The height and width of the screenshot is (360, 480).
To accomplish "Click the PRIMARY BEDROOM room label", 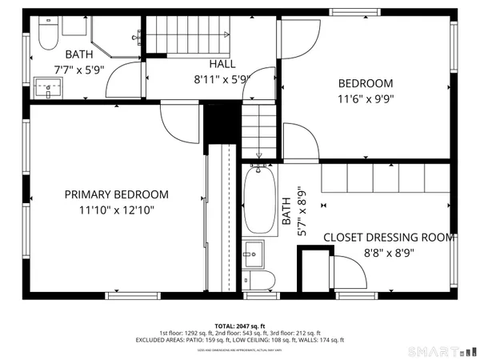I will (x=117, y=194).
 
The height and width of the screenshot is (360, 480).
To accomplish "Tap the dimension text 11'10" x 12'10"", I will (x=117, y=210).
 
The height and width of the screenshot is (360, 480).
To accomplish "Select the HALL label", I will (x=222, y=63).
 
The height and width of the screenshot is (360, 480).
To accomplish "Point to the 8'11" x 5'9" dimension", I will (x=222, y=79).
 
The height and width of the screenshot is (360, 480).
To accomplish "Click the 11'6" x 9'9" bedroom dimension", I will (x=366, y=98).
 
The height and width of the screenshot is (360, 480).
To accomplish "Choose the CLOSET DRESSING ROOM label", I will (x=389, y=238).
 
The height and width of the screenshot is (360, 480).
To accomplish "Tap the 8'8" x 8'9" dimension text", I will (x=389, y=253).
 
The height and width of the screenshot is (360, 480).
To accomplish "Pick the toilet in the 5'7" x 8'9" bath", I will (x=259, y=280).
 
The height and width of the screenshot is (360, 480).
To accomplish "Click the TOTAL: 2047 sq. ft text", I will (x=240, y=326).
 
